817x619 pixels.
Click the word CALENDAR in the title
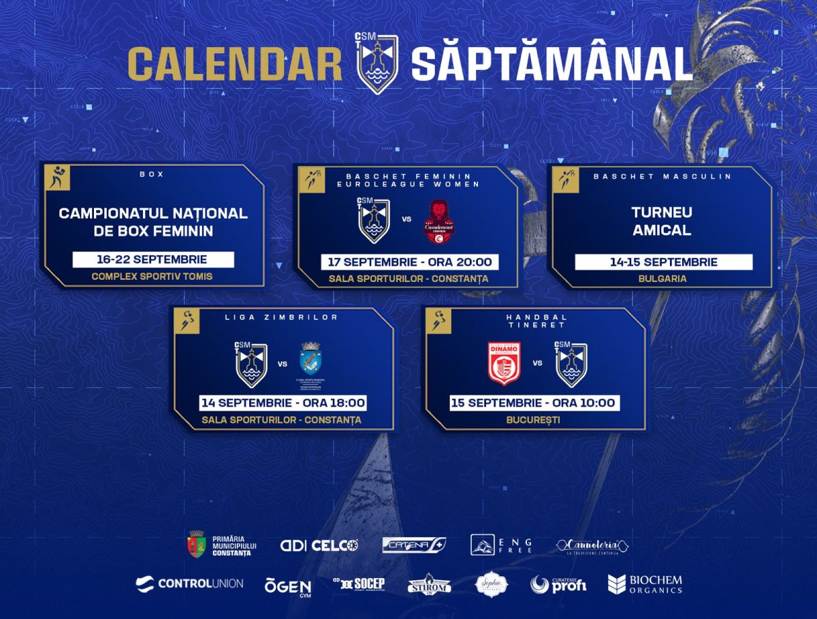(235, 64)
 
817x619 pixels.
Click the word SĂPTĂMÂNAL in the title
(551, 64)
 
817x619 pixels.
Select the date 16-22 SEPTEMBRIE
(153, 259)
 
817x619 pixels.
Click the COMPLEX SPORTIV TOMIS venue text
(153, 276)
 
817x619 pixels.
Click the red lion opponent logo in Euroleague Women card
(437, 222)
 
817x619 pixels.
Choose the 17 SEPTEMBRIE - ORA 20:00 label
(408, 262)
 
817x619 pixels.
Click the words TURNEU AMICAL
(662, 221)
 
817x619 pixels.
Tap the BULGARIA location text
(662, 279)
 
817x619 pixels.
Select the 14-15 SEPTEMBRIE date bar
(663, 262)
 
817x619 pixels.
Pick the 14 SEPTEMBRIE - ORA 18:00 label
(283, 402)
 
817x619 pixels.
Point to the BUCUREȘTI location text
(534, 419)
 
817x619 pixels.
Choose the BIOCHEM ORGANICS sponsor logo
(645, 584)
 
